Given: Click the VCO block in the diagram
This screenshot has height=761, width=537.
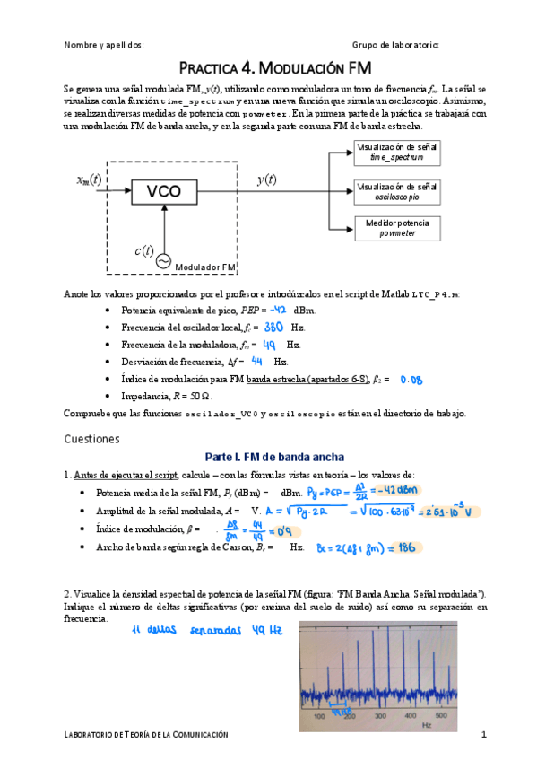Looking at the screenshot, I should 163,191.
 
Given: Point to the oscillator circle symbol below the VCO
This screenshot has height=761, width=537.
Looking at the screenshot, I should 164,260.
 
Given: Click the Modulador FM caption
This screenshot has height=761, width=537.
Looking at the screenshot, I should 205,267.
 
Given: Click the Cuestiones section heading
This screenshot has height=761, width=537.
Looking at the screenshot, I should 92,439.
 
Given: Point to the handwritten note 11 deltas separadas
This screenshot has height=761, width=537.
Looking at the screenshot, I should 201,632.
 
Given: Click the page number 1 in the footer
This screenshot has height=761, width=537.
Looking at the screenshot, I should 483,735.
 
